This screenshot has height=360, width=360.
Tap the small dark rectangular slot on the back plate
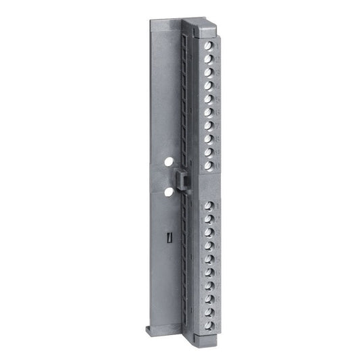click(x=170, y=237)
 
